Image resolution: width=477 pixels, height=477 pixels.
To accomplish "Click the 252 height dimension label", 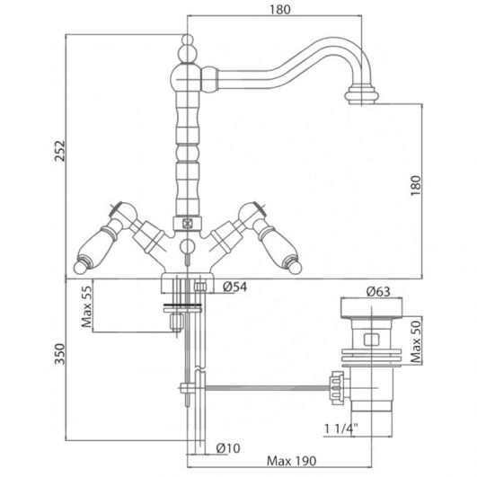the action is click(59, 151).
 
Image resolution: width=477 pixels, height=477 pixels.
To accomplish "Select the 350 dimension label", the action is click(59, 354).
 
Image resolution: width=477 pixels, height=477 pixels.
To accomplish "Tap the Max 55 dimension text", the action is click(87, 306).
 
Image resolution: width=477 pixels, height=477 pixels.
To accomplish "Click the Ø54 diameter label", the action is click(234, 287).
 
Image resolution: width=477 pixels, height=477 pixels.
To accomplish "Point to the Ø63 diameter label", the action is click(378, 291).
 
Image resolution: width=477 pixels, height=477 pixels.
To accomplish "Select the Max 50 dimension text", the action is click(416, 341).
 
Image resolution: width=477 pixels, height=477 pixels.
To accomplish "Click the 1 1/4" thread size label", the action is click(340, 428).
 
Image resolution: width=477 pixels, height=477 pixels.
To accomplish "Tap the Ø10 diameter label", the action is click(228, 448).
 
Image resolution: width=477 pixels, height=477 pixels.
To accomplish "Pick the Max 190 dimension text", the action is click(291, 461).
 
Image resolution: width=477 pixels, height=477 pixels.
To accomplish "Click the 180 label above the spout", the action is click(280, 10).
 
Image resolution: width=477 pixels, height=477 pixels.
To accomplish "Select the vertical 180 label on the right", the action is click(416, 186).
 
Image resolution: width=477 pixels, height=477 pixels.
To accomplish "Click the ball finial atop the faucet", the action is click(188, 40).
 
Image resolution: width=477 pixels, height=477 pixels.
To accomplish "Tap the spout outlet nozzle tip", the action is click(361, 95).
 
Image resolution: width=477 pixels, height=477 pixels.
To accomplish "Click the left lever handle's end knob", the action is click(80, 267).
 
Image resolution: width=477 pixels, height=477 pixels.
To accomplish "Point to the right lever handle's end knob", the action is click(295, 267).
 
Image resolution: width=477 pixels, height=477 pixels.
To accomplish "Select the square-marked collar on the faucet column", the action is click(188, 224).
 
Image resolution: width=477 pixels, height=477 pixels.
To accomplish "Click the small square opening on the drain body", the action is click(372, 340).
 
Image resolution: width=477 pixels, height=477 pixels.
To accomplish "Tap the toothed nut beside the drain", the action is click(338, 388).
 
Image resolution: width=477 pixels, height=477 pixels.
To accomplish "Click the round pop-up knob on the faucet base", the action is click(187, 246).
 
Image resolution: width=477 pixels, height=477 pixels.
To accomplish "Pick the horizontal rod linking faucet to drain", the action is click(269, 388).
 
